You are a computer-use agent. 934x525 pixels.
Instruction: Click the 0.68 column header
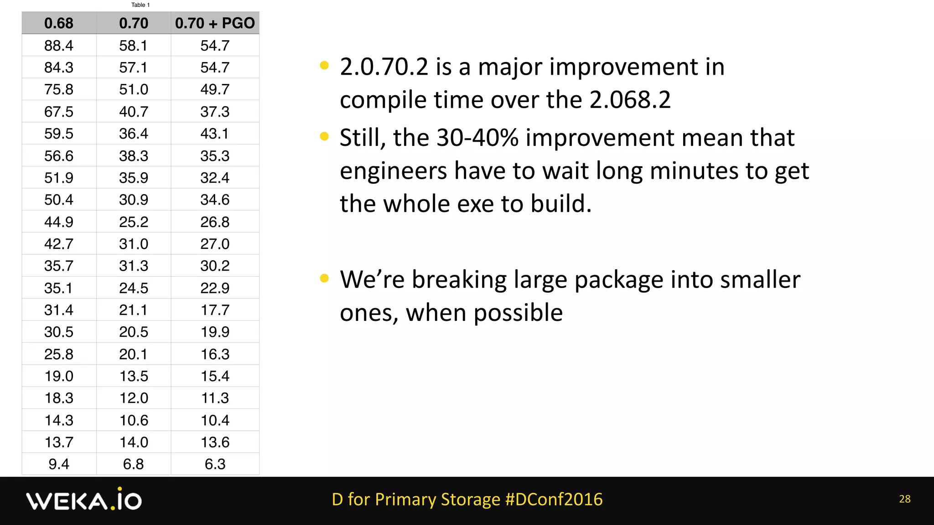59,23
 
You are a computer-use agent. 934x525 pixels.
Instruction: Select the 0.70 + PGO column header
215,23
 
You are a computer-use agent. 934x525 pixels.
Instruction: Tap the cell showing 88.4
59,46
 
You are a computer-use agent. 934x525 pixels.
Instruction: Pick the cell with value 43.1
215,134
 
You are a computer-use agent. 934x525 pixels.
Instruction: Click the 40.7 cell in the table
134,112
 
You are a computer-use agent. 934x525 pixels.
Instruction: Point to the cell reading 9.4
59,464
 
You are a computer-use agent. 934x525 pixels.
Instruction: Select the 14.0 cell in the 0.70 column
134,442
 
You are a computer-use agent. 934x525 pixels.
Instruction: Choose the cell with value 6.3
215,464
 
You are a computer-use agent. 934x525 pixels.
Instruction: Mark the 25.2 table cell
134,222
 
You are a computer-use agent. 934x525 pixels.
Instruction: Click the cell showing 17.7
215,310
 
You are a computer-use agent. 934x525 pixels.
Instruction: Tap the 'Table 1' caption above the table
140,5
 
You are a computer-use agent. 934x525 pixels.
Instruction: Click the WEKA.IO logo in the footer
84,500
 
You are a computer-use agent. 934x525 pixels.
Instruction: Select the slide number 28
905,499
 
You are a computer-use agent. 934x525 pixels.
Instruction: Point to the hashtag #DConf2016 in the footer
554,499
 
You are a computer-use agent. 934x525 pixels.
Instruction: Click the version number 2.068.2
630,100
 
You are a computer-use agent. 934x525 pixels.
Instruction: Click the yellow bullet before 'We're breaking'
324,278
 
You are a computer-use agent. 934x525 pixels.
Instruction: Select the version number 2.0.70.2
384,67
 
